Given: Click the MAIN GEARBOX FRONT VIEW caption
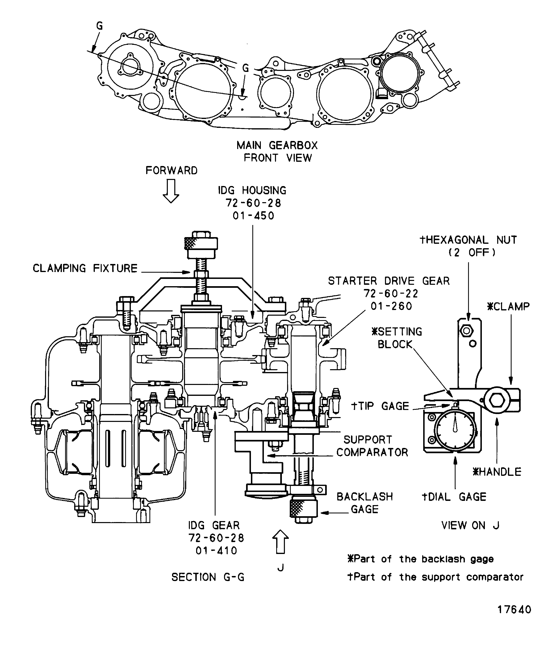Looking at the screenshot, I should [277, 151].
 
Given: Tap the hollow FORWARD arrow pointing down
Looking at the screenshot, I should [171, 191].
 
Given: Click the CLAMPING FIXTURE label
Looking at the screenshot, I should [85, 269].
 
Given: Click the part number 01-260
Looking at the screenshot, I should [391, 306].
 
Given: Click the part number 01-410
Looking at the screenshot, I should [216, 551].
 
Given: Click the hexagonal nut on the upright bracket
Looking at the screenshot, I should [466, 331].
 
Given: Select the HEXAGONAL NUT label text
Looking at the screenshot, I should [468, 240].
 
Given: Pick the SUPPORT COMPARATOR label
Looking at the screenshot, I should [372, 446].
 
